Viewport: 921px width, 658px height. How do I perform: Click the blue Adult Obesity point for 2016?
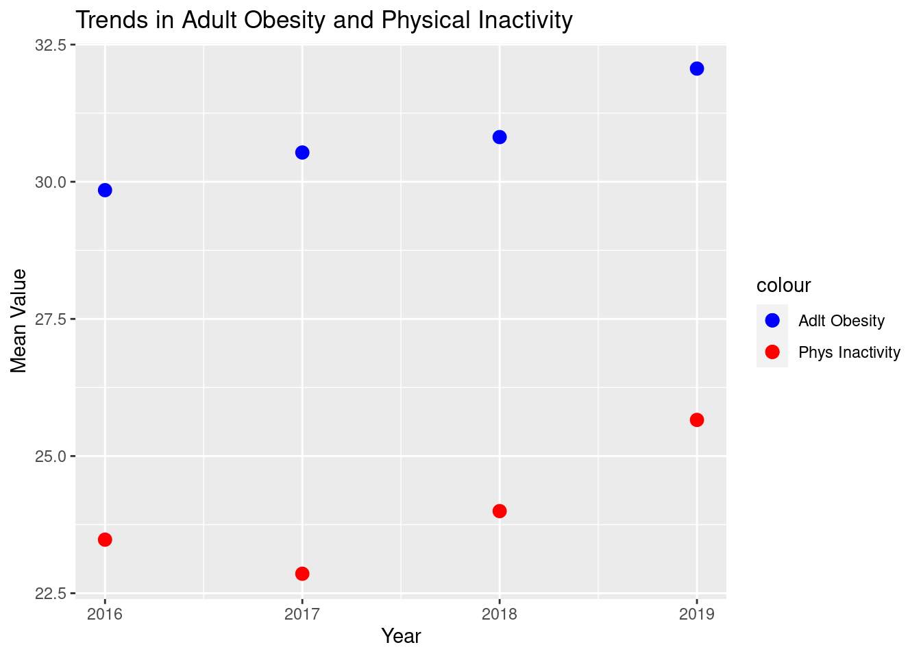click(x=105, y=190)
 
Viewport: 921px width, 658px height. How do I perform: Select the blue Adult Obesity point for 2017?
click(x=302, y=152)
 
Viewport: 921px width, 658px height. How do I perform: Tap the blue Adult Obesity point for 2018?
click(x=500, y=137)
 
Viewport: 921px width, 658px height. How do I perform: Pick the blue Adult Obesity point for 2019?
click(x=697, y=69)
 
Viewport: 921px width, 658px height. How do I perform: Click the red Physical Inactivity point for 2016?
click(x=105, y=539)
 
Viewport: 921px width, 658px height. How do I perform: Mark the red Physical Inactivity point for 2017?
click(x=302, y=573)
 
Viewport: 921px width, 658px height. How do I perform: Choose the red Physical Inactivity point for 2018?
click(x=500, y=511)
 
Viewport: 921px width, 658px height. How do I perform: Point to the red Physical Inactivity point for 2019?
click(x=697, y=419)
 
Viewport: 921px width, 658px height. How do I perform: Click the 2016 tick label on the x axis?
click(x=105, y=614)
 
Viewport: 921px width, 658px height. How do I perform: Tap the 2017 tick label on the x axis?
click(x=302, y=614)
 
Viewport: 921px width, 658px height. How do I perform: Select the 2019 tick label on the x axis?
click(x=697, y=614)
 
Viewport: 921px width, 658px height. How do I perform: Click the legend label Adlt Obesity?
click(x=842, y=321)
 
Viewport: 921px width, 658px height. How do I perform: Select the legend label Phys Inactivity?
click(x=849, y=352)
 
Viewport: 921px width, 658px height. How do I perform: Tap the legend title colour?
click(x=783, y=285)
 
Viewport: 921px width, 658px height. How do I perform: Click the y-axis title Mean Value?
click(x=19, y=321)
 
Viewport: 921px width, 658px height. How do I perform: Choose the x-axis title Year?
click(x=401, y=636)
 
